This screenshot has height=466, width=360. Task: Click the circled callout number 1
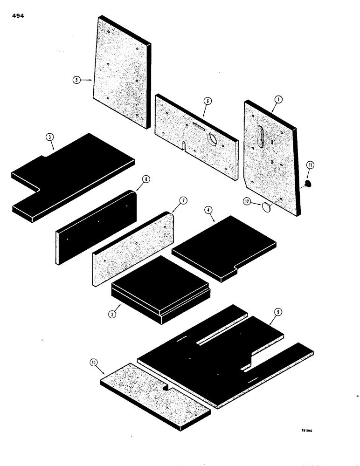(277, 99)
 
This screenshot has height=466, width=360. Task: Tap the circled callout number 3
(50, 137)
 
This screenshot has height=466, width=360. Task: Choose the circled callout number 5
(76, 80)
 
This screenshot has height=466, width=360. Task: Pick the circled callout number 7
(182, 200)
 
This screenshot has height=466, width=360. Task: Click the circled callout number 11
(311, 164)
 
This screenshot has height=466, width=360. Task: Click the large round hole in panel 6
(212, 138)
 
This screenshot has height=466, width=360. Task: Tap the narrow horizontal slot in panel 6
(200, 126)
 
